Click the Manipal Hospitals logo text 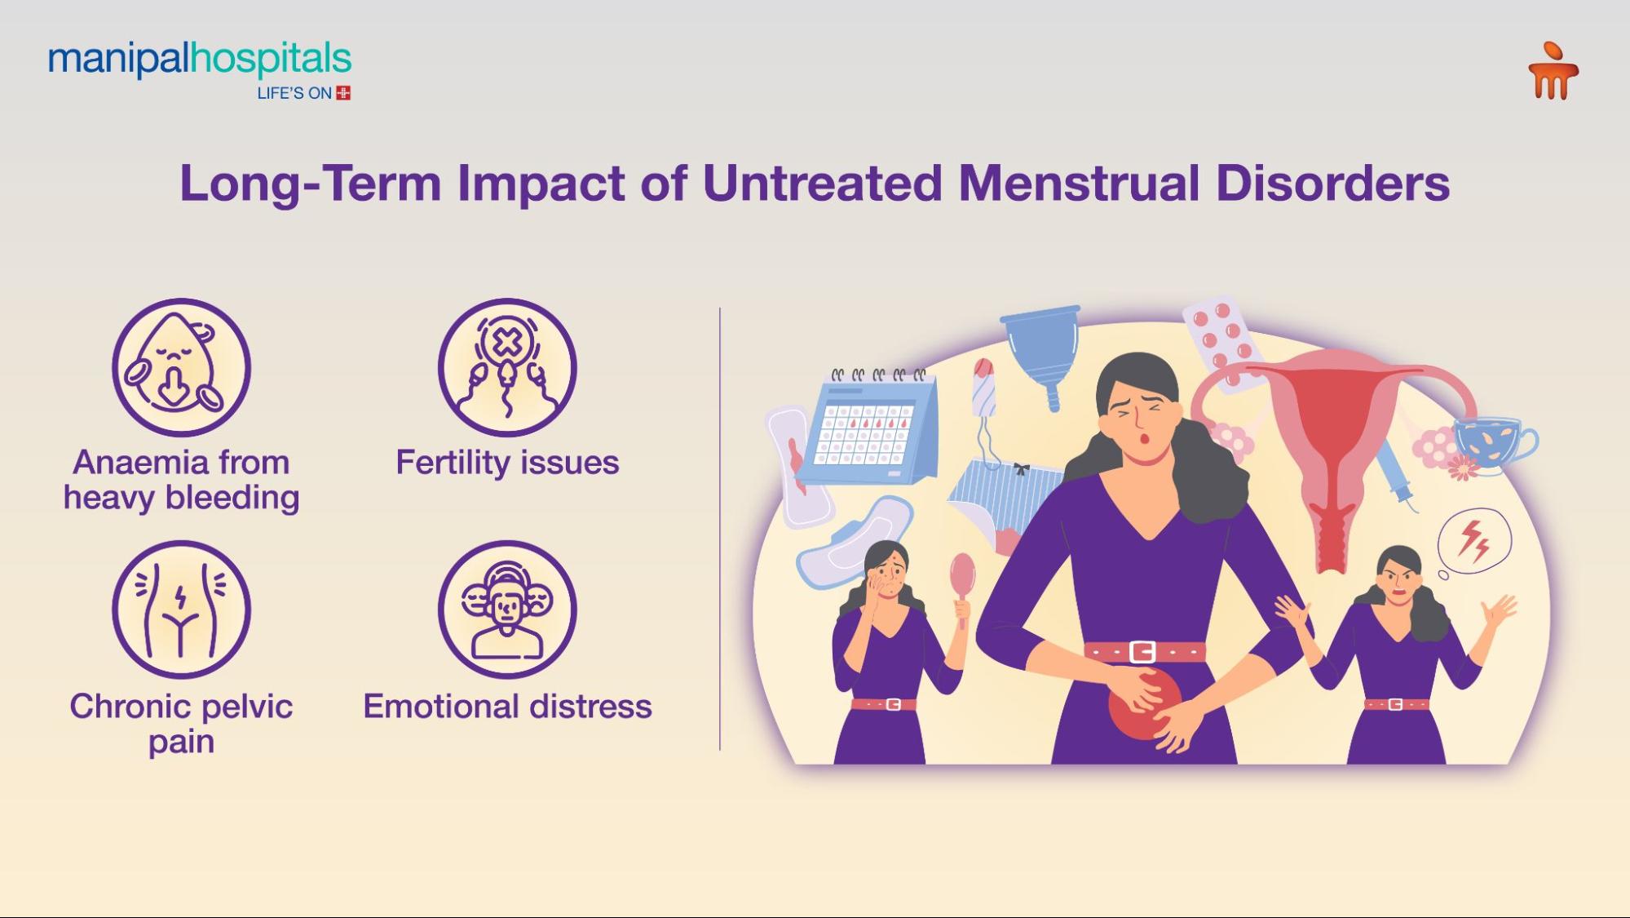pos(200,60)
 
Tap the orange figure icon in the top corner pos(1553,72)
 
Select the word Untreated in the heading pos(823,183)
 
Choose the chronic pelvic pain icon pos(181,610)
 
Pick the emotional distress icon pos(507,610)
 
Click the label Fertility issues pos(507,463)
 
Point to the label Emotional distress pos(507,707)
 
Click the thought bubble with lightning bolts pos(1474,540)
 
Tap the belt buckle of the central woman pos(1142,651)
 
